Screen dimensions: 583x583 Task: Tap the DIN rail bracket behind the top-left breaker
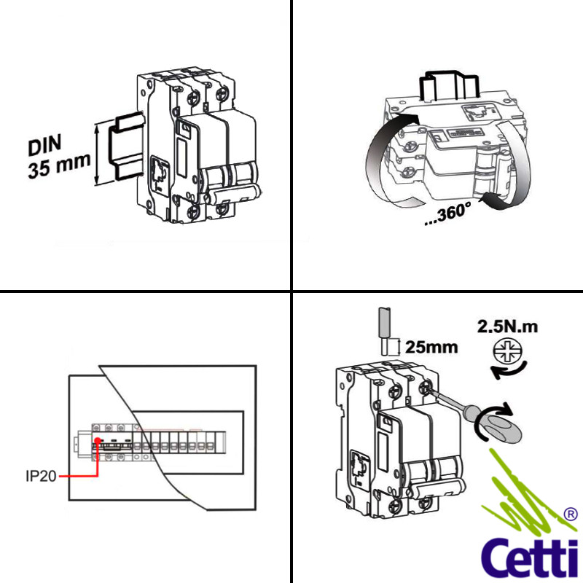pos(120,149)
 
